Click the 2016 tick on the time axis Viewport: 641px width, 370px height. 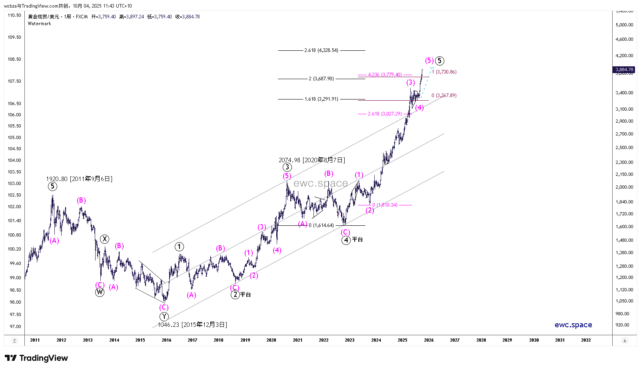(x=166, y=340)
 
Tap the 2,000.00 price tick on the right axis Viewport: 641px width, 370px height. (x=624, y=187)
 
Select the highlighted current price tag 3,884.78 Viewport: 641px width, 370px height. (x=624, y=70)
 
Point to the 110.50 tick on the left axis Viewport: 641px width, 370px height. (x=14, y=15)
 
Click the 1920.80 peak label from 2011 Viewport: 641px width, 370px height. (x=79, y=179)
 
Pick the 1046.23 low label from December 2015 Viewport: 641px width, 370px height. (x=192, y=325)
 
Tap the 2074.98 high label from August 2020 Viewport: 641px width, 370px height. (x=312, y=160)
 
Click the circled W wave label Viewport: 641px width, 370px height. (x=100, y=292)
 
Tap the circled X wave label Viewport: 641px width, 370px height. (x=104, y=239)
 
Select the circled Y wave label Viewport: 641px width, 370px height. (x=164, y=316)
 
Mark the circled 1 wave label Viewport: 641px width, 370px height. (x=179, y=247)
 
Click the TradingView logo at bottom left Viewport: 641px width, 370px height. (x=36, y=358)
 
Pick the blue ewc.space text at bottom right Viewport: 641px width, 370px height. (x=573, y=325)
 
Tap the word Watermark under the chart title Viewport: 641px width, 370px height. (x=40, y=24)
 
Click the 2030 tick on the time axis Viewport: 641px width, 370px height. (x=533, y=340)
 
